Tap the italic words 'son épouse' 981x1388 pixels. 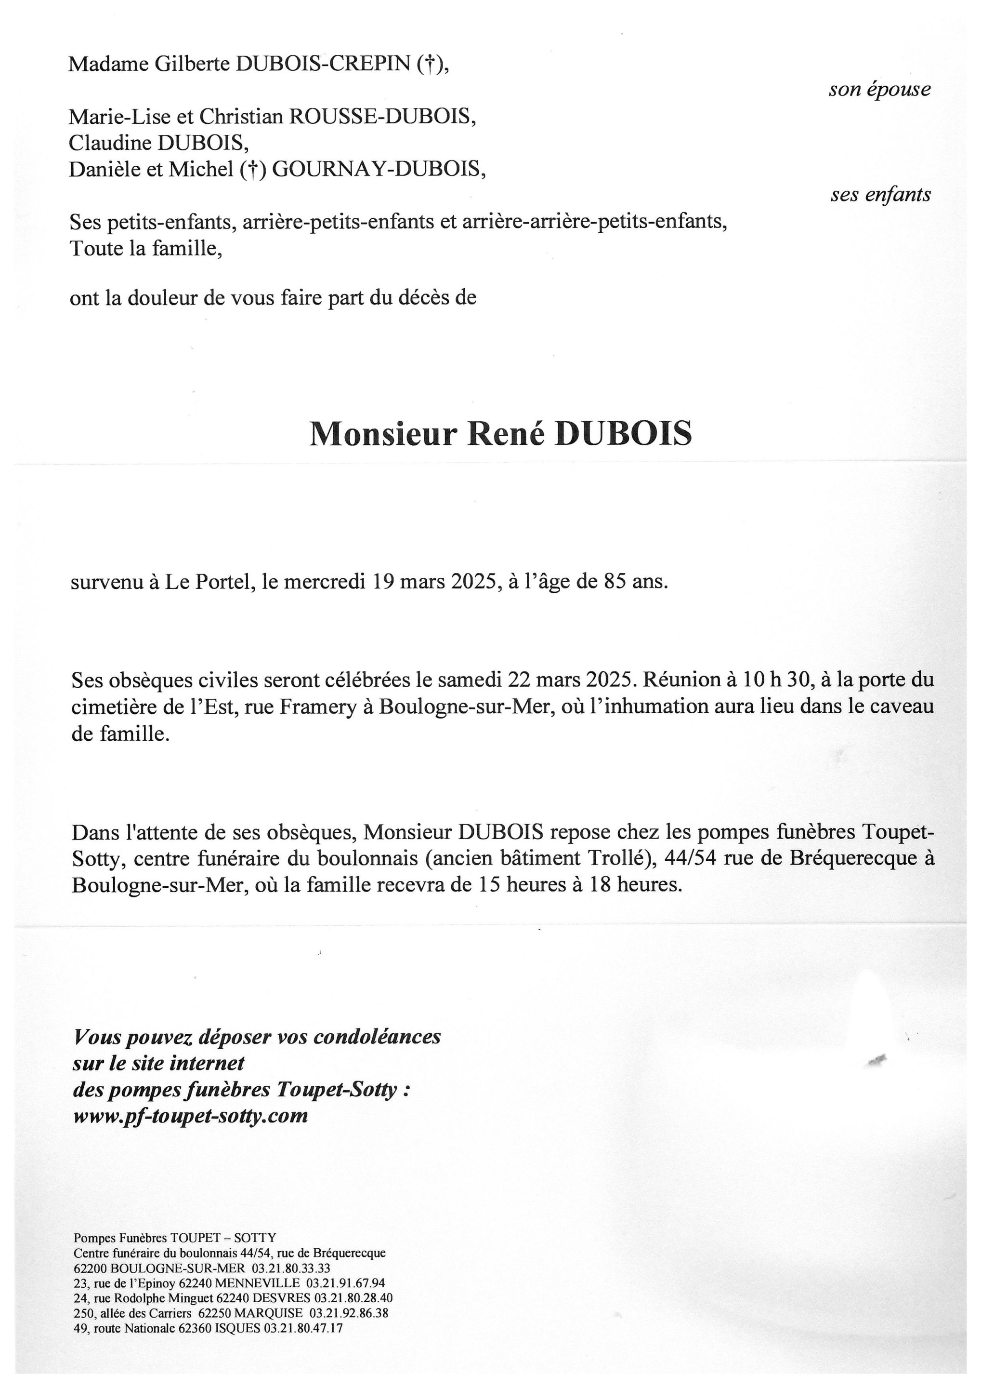(879, 90)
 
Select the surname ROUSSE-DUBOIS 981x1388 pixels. (382, 116)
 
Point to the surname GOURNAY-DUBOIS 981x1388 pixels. (379, 169)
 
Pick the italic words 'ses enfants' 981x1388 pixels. (880, 195)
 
